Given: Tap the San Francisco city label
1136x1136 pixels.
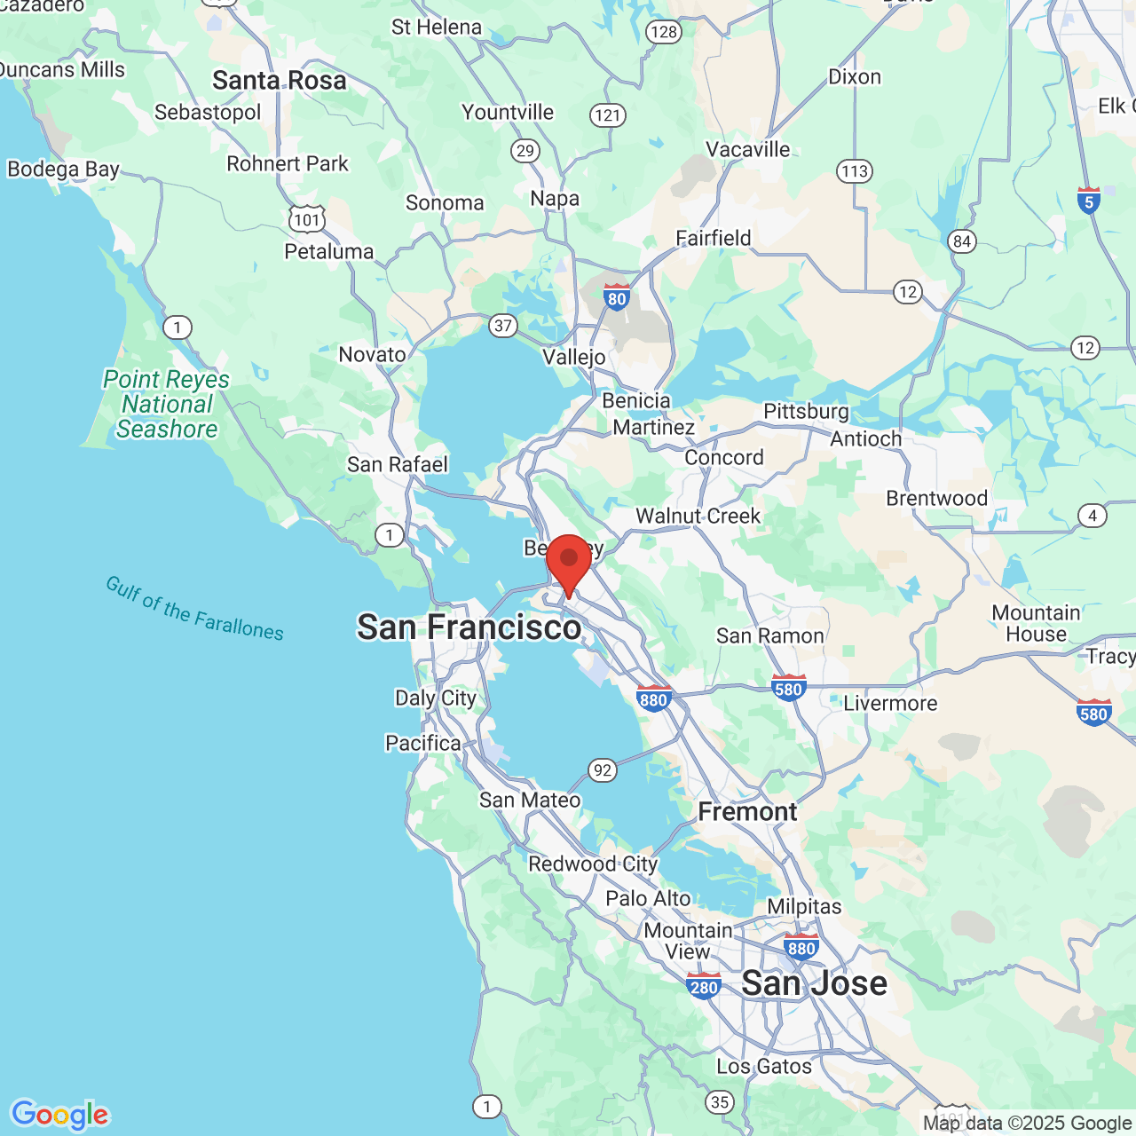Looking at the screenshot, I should [x=469, y=627].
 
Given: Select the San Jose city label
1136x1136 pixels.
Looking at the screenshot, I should [x=814, y=983].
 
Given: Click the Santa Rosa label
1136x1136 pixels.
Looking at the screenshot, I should [x=279, y=81].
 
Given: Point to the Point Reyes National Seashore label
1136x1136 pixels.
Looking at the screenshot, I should [x=167, y=405].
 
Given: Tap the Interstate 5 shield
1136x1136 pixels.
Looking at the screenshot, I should [x=1089, y=201].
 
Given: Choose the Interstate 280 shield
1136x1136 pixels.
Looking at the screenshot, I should [x=704, y=985].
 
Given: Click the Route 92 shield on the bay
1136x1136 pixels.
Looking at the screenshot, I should [x=603, y=769].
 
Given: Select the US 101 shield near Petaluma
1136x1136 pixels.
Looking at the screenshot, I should [x=307, y=218].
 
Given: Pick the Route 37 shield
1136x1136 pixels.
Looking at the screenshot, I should [x=503, y=325].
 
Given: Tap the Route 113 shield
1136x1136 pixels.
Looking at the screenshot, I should [x=855, y=170].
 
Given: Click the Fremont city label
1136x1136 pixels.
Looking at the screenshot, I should [x=747, y=812].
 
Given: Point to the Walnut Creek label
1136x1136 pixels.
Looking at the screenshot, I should [x=698, y=516].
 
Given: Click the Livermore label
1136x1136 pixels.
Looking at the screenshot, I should [x=890, y=704].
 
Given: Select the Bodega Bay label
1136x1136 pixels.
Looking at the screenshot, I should [x=63, y=169].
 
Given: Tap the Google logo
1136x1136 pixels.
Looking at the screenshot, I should [x=59, y=1115].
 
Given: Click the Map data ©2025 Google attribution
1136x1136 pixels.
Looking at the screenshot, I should [x=1027, y=1124].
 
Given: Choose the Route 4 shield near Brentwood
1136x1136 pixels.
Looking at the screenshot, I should [x=1093, y=516].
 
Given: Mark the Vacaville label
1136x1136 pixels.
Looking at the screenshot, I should [x=747, y=149].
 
